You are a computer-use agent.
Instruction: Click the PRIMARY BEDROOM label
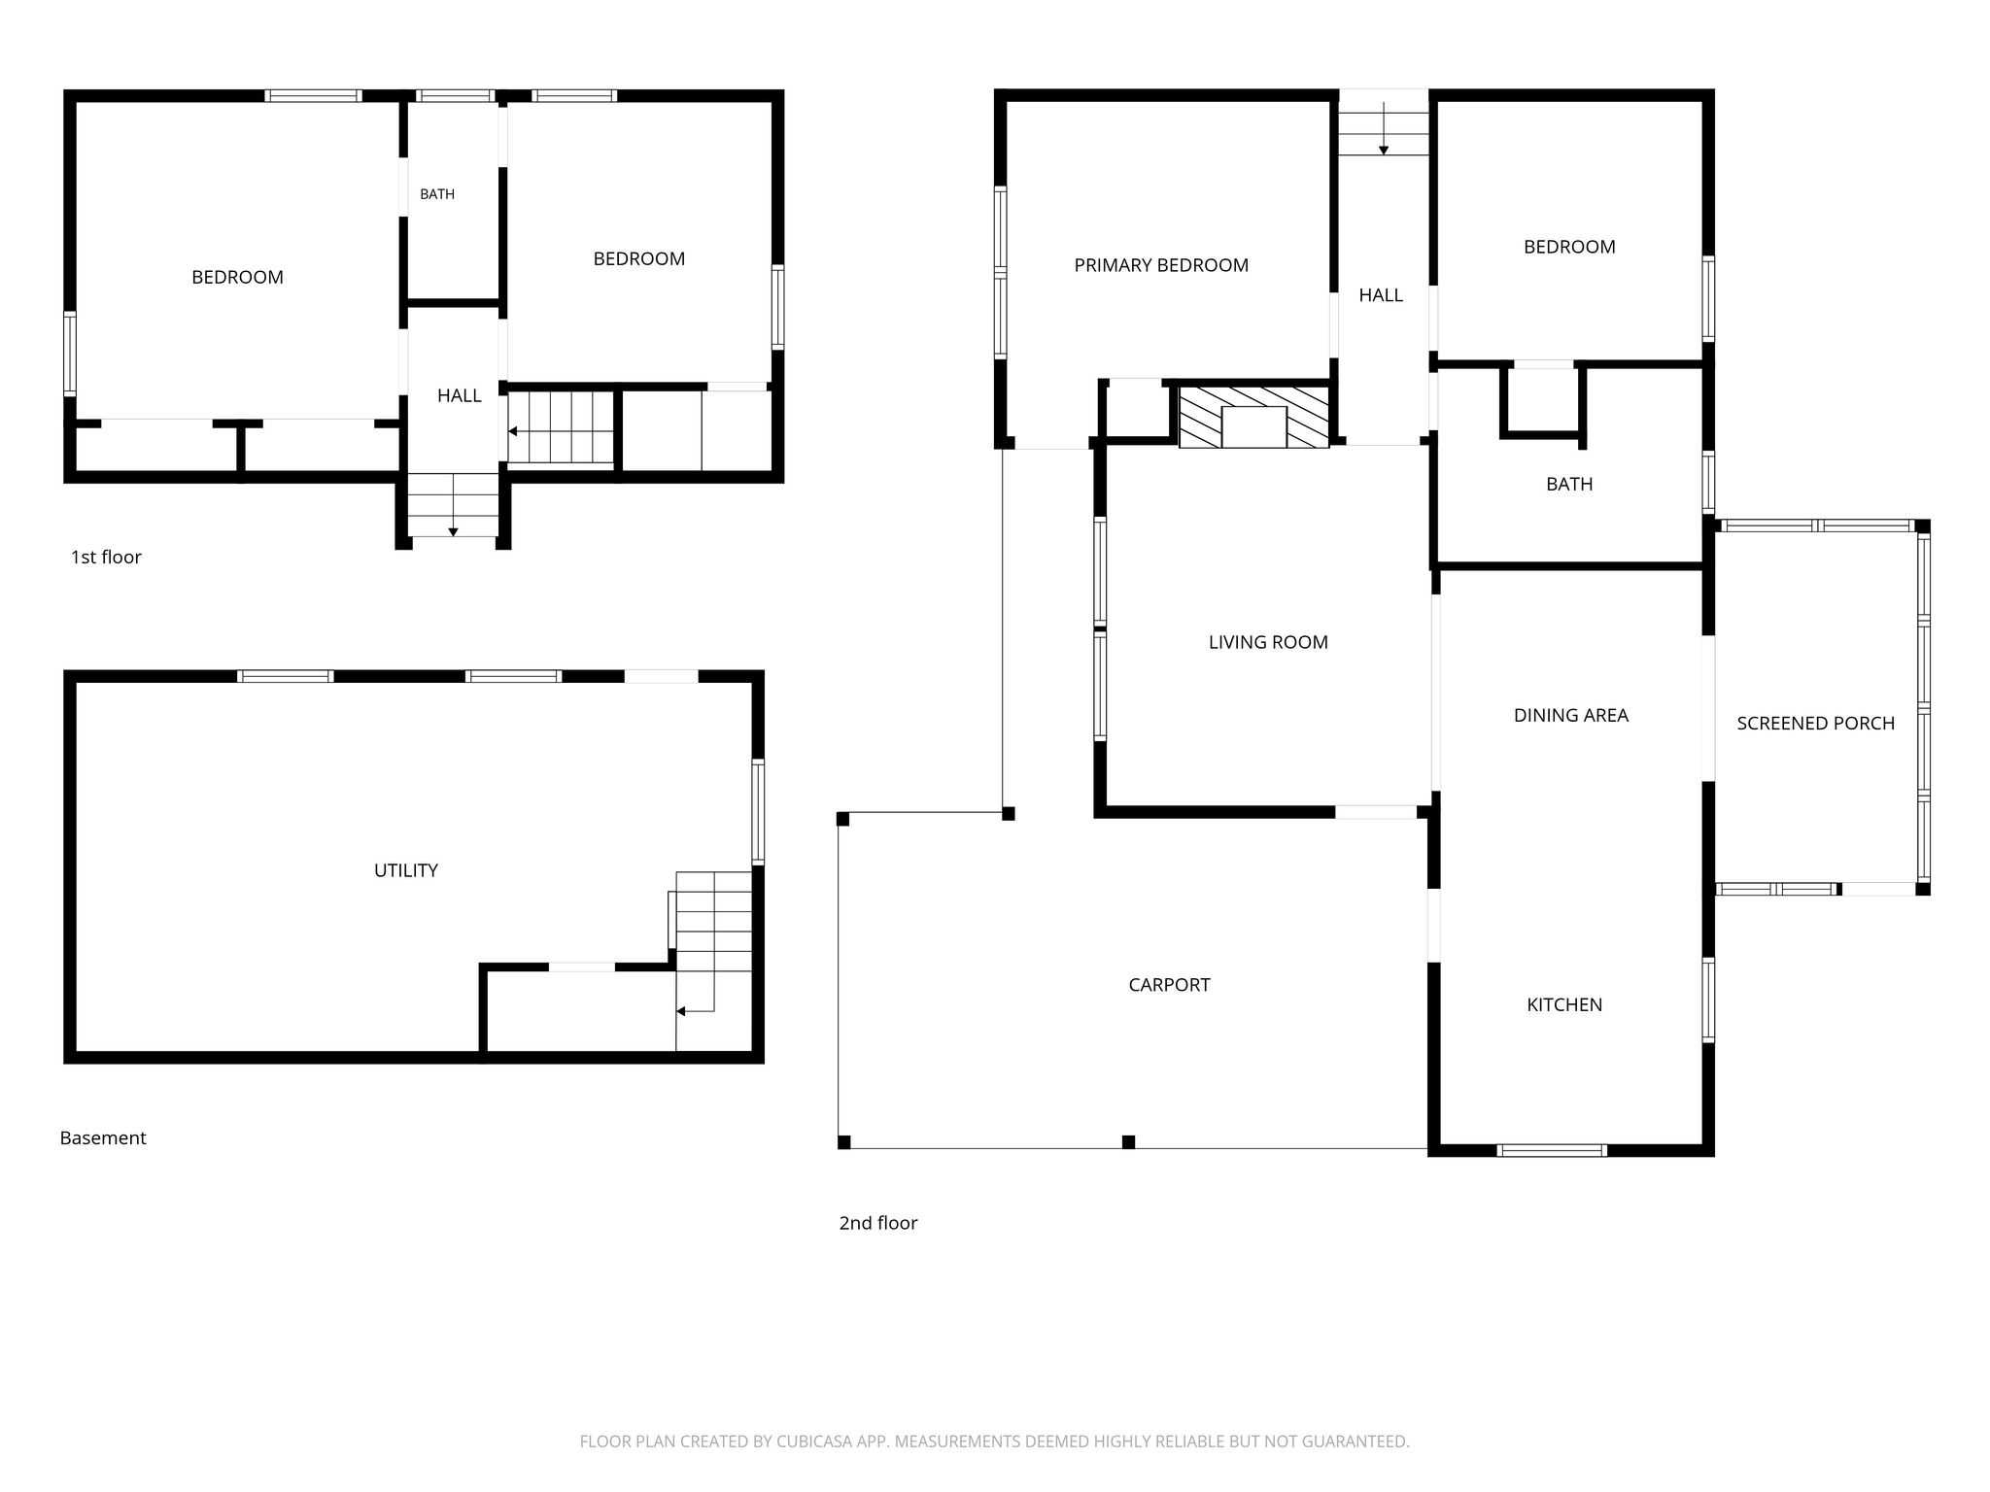point(1161,265)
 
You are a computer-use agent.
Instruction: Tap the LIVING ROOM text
point(1268,642)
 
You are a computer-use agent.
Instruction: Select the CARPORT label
point(1169,985)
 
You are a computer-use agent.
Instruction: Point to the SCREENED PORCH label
point(1815,723)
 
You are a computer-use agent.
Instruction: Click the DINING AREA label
point(1570,716)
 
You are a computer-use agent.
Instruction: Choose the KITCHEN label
point(1564,1005)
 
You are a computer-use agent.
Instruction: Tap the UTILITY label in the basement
point(406,870)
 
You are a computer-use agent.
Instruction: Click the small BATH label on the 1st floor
point(437,194)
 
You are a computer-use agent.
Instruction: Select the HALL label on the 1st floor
point(460,395)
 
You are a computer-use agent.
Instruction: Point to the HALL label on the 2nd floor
point(1381,295)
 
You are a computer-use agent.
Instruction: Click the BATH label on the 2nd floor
point(1569,484)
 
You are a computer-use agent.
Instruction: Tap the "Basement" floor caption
point(103,1137)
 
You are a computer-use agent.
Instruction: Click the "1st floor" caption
point(106,558)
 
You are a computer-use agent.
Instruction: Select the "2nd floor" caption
point(878,1223)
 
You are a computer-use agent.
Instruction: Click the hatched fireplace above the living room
point(1253,417)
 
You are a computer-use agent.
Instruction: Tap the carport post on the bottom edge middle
point(1128,1142)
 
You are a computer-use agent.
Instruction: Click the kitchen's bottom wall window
point(1552,1150)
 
